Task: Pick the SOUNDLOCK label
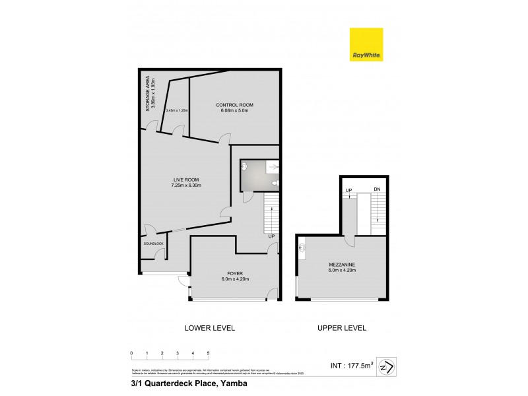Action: (x=152, y=244)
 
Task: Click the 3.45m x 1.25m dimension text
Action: (x=178, y=110)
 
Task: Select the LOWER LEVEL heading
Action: (x=209, y=328)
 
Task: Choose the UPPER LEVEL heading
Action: (x=342, y=328)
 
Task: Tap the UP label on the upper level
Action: (x=348, y=191)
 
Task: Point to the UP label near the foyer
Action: (x=271, y=236)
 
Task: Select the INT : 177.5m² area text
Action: (x=351, y=363)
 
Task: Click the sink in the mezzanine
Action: (x=302, y=249)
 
